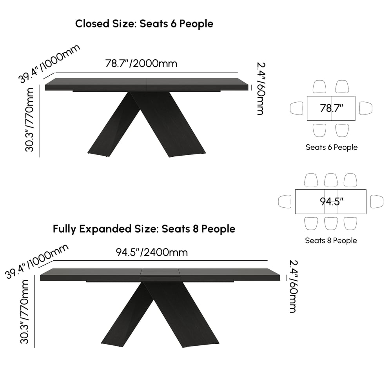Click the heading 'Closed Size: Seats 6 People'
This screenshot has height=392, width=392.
pos(144,24)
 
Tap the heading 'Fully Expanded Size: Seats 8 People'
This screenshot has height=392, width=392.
pos(144,229)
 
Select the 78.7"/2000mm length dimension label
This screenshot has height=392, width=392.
pos(141,64)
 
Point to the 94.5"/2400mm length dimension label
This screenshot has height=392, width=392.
pos(152,252)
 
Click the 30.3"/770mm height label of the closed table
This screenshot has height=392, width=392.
pos(29,120)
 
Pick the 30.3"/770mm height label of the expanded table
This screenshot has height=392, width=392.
pos(24,312)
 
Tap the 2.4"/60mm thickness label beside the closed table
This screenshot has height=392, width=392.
pos(261,89)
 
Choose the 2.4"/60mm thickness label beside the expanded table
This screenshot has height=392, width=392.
pos(294,287)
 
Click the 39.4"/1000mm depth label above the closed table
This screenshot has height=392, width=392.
pos(49,64)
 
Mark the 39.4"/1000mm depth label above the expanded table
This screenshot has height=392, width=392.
pos(37,261)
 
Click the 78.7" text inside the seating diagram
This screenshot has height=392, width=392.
pos(332,108)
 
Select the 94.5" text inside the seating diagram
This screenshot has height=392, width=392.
pos(332,201)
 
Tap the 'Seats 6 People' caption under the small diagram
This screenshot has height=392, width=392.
pos(332,147)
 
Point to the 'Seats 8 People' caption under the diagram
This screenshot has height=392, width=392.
pos(331,241)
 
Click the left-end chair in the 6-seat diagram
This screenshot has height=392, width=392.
pos(296,108)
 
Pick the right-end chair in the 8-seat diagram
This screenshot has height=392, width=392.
pos(377,201)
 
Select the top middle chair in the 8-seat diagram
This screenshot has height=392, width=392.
pos(331,180)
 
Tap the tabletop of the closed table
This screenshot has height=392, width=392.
pos(147,84)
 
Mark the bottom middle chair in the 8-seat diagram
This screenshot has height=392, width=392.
pos(331,223)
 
